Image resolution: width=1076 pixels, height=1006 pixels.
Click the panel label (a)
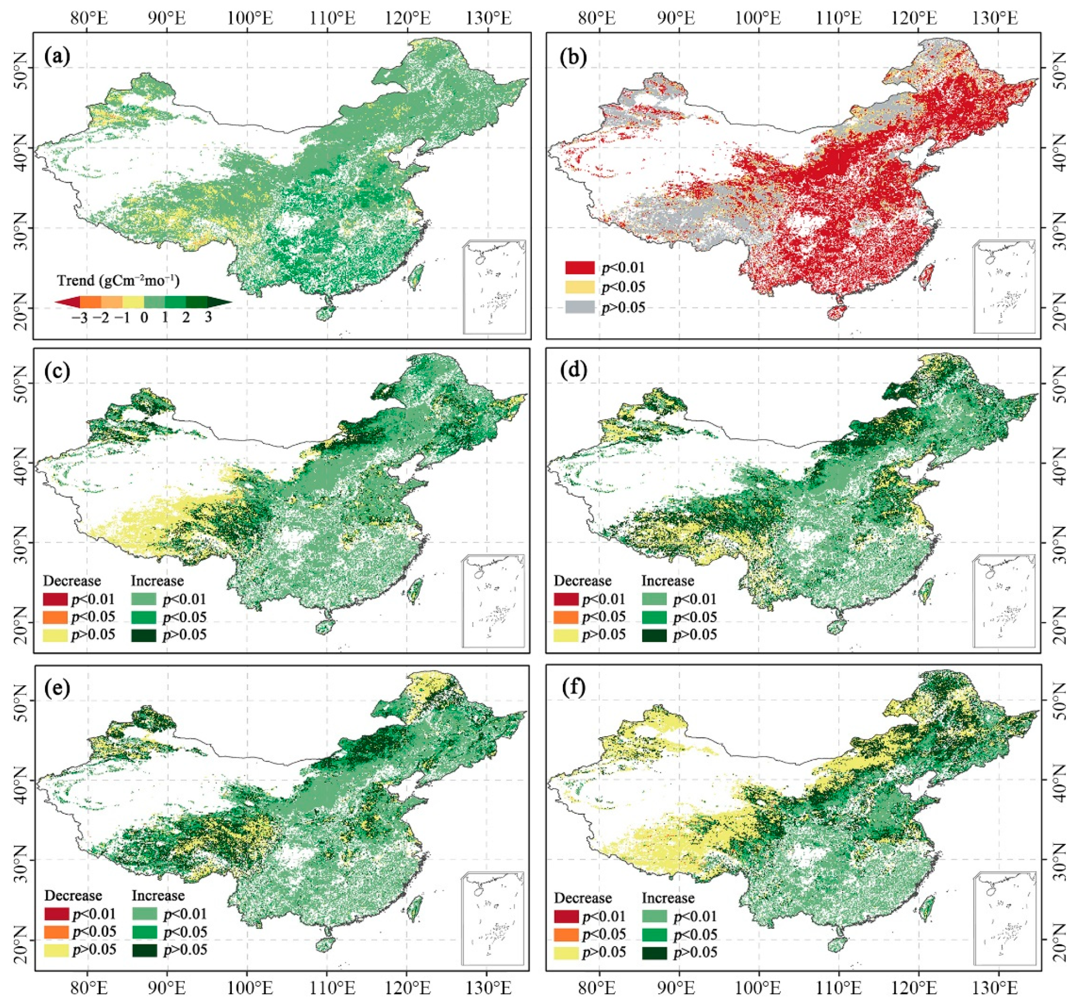[58, 56]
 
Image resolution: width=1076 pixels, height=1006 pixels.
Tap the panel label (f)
[568, 690]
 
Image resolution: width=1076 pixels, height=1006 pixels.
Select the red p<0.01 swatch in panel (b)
[580, 267]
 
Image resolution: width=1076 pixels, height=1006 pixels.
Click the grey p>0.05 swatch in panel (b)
[580, 307]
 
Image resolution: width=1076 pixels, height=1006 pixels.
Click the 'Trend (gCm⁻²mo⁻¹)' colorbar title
[119, 280]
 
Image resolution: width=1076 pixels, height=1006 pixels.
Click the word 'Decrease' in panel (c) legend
[72, 581]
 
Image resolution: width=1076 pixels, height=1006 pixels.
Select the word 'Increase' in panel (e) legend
[158, 896]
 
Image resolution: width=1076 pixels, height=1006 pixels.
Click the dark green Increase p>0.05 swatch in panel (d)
[654, 634]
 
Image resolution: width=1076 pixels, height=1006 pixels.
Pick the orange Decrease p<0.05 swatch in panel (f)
[566, 934]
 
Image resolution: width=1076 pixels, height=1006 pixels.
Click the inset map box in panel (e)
[493, 917]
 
